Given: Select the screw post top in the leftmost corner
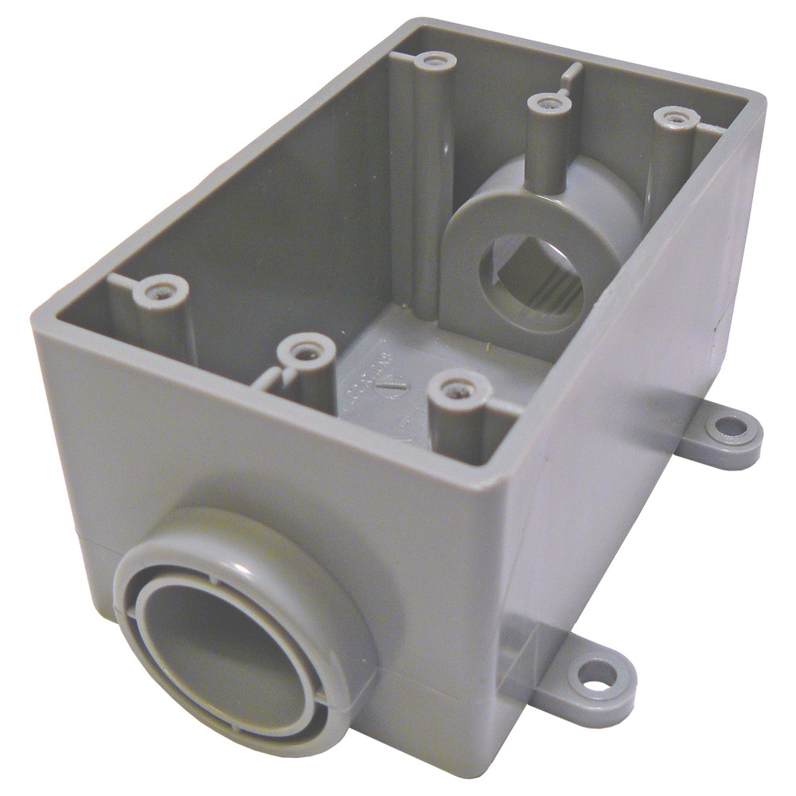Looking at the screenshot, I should coord(159,290).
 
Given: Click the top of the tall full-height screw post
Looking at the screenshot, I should coord(435,60).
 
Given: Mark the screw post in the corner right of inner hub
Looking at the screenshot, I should coord(675,119).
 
